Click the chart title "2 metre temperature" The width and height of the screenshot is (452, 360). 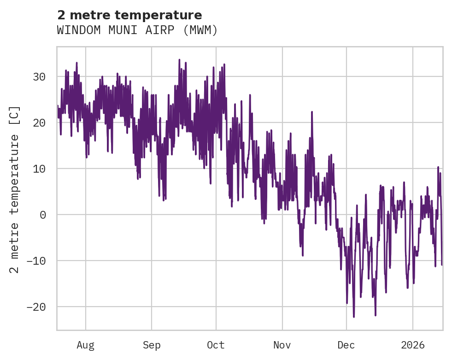[x=129, y=15]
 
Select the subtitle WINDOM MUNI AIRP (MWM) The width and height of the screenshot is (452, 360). [x=137, y=30]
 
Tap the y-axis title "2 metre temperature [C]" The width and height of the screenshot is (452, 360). [x=15, y=189]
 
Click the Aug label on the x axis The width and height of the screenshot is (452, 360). [x=85, y=345]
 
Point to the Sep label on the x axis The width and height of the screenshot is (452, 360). [x=151, y=345]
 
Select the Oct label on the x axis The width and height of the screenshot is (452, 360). [x=216, y=345]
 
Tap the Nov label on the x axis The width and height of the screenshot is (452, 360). [x=282, y=345]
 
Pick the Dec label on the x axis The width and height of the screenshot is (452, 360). [x=346, y=345]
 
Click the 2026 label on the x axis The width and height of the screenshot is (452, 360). [x=413, y=345]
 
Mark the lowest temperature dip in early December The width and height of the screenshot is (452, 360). [x=354, y=317]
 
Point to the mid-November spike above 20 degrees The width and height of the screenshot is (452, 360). [x=312, y=112]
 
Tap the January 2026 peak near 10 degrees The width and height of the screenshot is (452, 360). [x=438, y=167]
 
